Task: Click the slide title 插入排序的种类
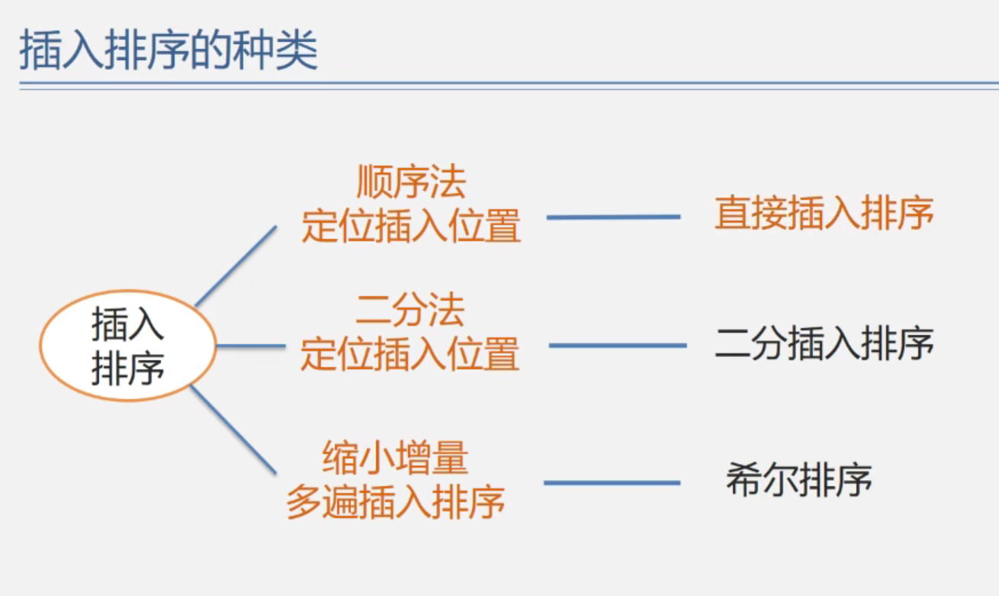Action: [168, 50]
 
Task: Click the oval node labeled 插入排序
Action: [127, 346]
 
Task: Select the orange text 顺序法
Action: [410, 182]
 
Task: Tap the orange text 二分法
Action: [410, 311]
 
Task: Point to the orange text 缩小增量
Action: [395, 458]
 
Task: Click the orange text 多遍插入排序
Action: [395, 502]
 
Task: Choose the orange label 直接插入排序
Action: [824, 214]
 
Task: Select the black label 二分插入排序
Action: [824, 343]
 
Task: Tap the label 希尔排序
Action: [798, 481]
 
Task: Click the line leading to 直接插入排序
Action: [613, 217]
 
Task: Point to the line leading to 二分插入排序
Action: [617, 346]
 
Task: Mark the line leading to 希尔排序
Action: [612, 483]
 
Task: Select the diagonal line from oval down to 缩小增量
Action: [233, 429]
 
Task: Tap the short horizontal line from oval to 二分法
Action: [251, 346]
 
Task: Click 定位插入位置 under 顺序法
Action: [410, 226]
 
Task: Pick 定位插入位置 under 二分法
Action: [410, 354]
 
